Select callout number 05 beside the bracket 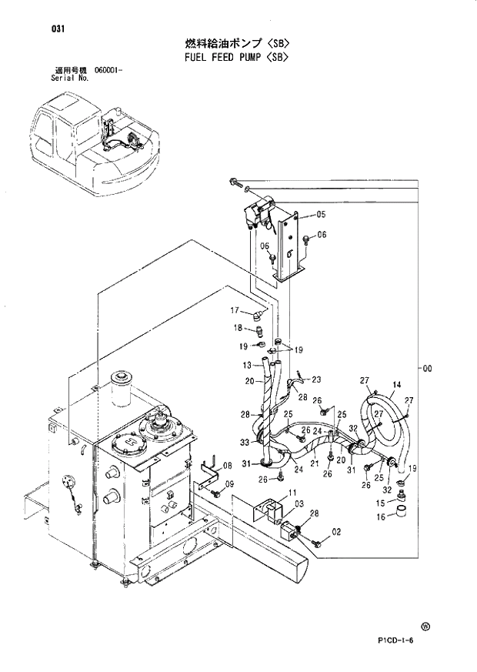tap(321, 214)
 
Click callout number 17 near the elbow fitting tap(237, 311)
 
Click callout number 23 tap(315, 379)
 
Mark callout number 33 tap(244, 442)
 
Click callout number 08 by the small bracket tap(227, 466)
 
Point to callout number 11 tap(292, 492)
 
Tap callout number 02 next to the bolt tap(336, 531)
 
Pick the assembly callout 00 tap(427, 369)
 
